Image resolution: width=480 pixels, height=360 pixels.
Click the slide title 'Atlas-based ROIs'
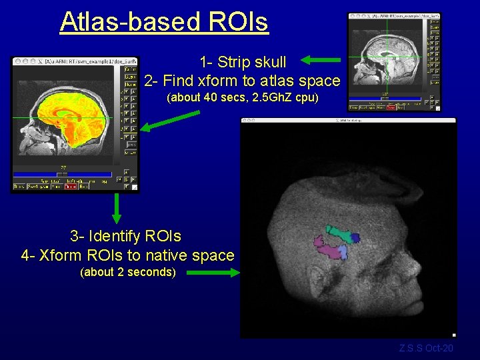click(x=164, y=21)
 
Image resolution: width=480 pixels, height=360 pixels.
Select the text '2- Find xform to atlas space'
click(x=242, y=81)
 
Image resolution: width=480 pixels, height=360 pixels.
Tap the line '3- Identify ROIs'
click(x=125, y=236)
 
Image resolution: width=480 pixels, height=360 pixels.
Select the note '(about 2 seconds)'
click(x=127, y=272)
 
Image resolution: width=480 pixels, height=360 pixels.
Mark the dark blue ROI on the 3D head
click(x=355, y=237)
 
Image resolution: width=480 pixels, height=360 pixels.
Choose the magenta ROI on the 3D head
click(x=327, y=250)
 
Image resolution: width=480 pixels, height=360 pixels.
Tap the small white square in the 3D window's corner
click(x=454, y=335)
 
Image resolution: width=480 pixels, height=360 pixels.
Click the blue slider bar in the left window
click(x=62, y=175)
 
